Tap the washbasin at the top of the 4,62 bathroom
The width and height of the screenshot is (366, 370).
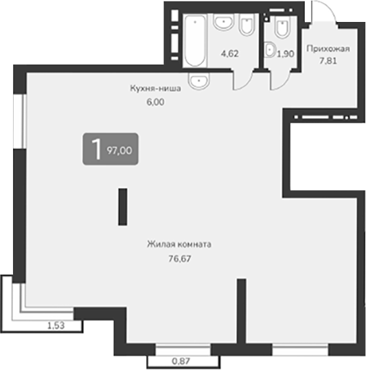point(222,23)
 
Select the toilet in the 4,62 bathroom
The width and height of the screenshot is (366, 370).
point(247,25)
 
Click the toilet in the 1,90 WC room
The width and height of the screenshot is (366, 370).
point(281,28)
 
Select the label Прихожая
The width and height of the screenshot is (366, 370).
point(328,49)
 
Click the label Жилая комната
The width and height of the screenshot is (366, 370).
point(178,244)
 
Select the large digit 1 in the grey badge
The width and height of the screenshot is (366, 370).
point(95,149)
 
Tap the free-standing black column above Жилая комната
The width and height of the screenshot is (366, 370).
point(122,206)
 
